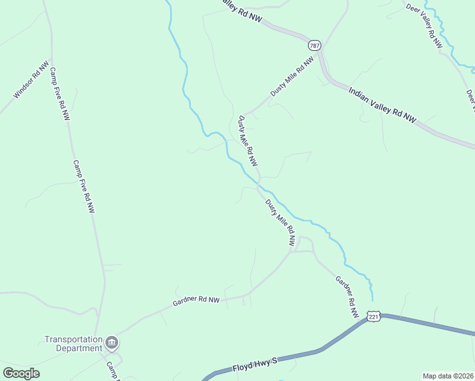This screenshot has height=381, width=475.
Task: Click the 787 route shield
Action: (314, 46)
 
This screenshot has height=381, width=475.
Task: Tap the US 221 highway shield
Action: (373, 316)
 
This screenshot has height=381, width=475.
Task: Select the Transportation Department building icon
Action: (112, 344)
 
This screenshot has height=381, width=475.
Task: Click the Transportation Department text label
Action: (73, 344)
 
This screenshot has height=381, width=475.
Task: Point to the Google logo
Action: (21, 373)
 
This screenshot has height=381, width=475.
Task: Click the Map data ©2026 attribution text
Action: (448, 375)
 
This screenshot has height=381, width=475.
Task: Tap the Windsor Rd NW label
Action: (30, 80)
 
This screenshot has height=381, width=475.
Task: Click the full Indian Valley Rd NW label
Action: (382, 104)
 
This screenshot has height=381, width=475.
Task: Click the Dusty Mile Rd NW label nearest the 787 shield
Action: (292, 77)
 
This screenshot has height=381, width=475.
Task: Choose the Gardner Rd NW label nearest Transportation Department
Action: (196, 300)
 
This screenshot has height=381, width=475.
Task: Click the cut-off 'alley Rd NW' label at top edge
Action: (243, 12)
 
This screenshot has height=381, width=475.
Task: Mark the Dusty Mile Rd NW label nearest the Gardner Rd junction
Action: (280, 223)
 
